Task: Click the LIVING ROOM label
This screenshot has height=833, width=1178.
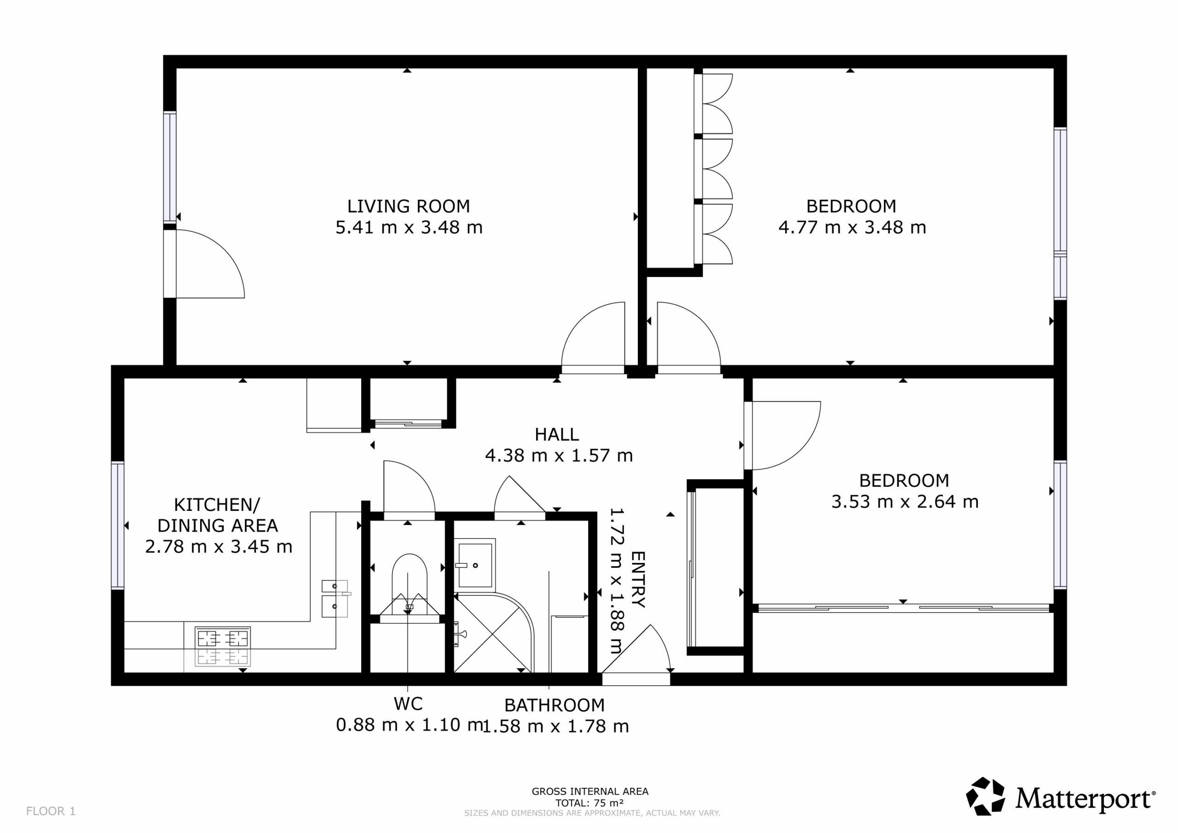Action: (409, 206)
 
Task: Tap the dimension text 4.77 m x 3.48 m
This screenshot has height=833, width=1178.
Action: (852, 227)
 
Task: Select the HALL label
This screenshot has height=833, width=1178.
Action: (557, 435)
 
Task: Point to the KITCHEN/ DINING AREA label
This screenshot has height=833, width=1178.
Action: (218, 515)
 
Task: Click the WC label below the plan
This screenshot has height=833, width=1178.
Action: (409, 704)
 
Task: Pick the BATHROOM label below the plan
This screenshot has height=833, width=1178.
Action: (554, 705)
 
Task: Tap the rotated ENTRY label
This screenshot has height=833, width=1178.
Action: (638, 579)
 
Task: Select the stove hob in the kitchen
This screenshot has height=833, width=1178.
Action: (223, 646)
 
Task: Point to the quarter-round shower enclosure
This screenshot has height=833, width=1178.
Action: (494, 633)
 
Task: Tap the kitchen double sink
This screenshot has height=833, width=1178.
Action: (335, 598)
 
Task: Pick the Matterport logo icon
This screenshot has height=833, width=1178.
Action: (986, 796)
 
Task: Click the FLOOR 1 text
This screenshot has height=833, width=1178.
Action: (51, 811)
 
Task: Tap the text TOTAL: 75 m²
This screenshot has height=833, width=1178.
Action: (589, 803)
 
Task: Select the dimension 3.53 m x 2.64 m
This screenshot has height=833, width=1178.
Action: (905, 502)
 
